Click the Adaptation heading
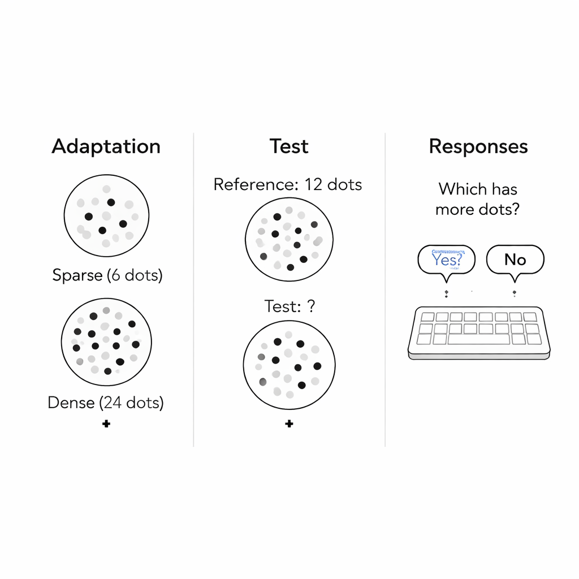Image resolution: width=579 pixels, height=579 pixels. pyautogui.click(x=106, y=146)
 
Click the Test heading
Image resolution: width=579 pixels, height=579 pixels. pyautogui.click(x=289, y=146)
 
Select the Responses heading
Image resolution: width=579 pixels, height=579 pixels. pyautogui.click(x=478, y=146)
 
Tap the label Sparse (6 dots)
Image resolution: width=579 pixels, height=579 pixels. pyautogui.click(x=107, y=275)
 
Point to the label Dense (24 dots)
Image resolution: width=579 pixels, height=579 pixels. pyautogui.click(x=106, y=403)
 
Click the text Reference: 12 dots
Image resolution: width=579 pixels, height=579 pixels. pyautogui.click(x=288, y=184)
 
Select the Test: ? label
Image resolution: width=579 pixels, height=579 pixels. pyautogui.click(x=289, y=306)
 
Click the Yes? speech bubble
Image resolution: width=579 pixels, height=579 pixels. pyautogui.click(x=447, y=260)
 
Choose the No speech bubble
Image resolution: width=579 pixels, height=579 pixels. pyautogui.click(x=515, y=260)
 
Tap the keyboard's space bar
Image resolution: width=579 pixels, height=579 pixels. pyautogui.click(x=479, y=339)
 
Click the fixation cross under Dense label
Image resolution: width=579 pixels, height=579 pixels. pyautogui.click(x=106, y=424)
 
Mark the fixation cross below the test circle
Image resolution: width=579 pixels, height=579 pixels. pyautogui.click(x=289, y=424)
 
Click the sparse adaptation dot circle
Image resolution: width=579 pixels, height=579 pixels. pyautogui.click(x=106, y=217)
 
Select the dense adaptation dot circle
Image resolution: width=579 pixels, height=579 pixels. pyautogui.click(x=106, y=342)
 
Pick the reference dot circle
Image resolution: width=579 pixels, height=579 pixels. pyautogui.click(x=289, y=239)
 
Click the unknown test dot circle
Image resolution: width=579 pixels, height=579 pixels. pyautogui.click(x=289, y=364)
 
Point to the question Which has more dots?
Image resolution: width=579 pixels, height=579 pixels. pyautogui.click(x=478, y=198)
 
